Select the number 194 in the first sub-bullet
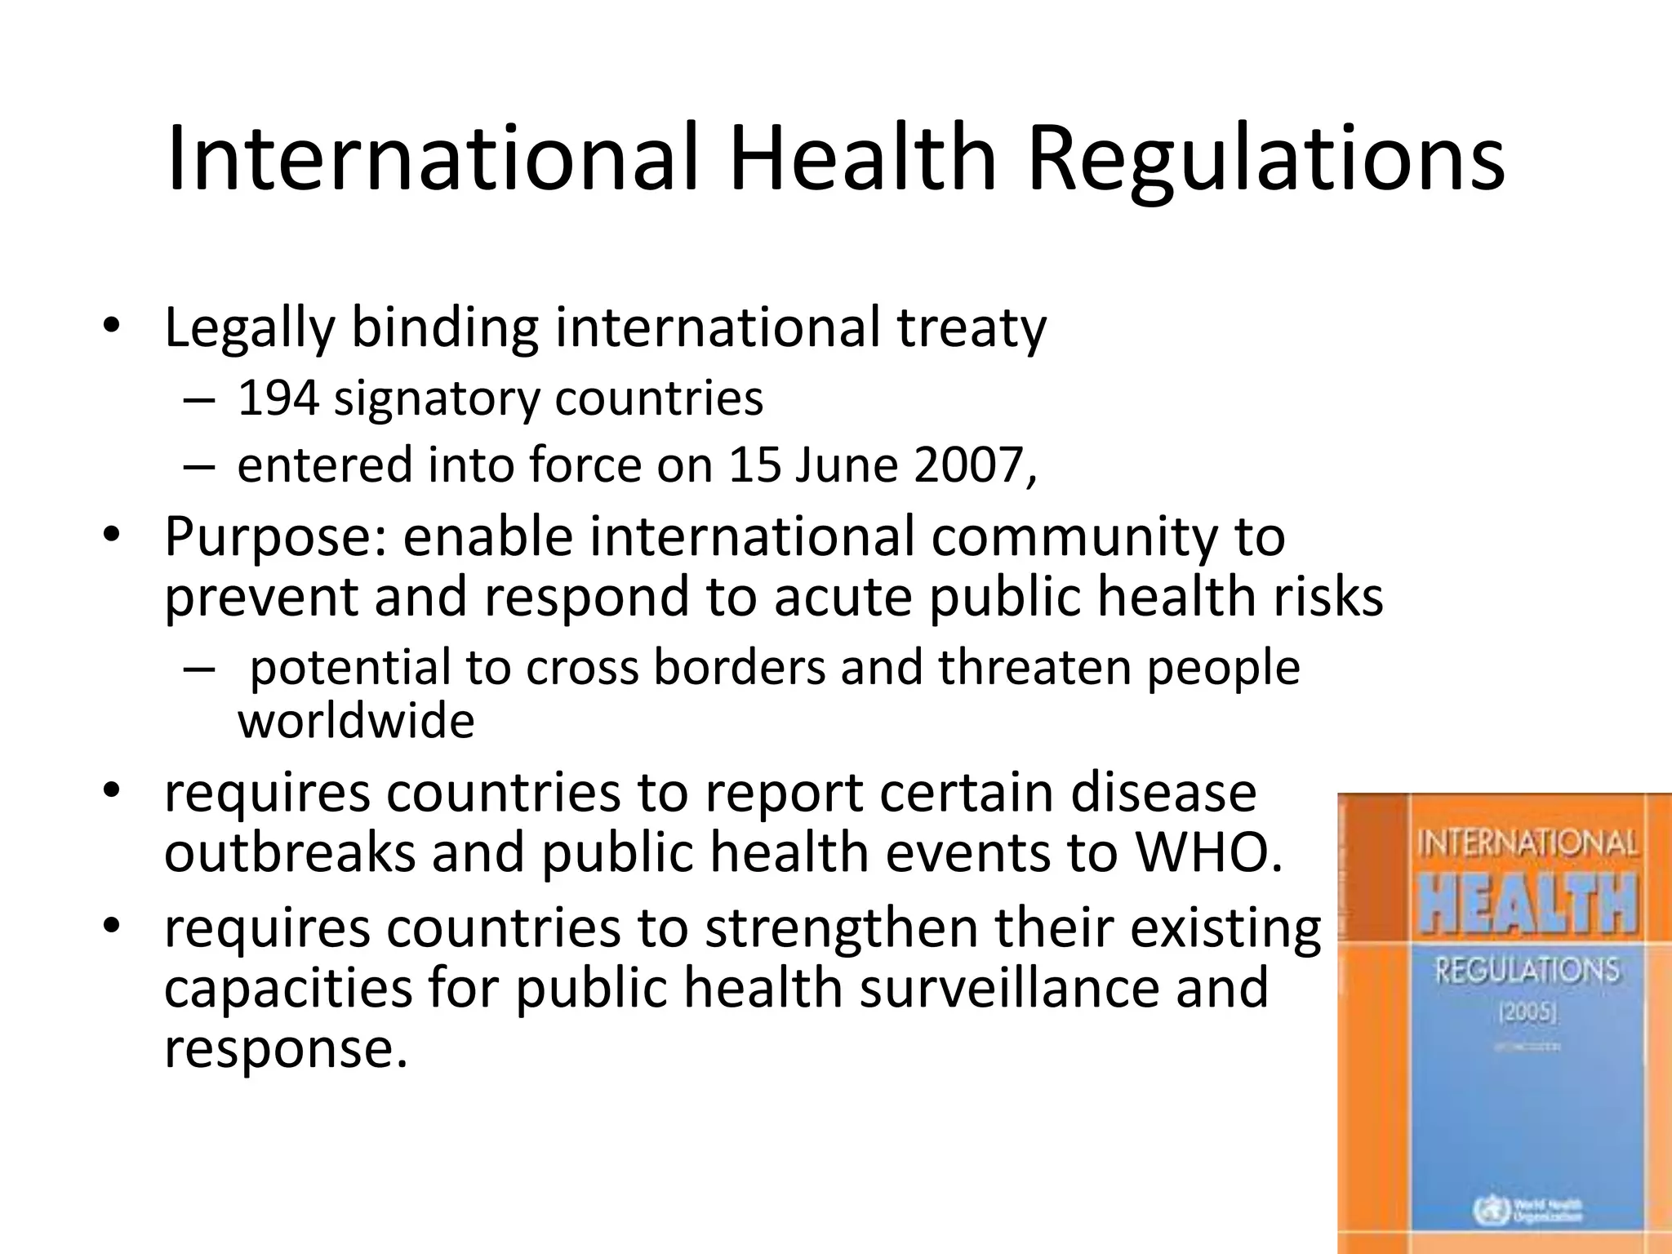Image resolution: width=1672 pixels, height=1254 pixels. pos(277,398)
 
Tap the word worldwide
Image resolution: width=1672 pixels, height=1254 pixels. pos(356,721)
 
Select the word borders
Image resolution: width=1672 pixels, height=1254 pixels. pos(740,668)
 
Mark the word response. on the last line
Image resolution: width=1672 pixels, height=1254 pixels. pos(286,1048)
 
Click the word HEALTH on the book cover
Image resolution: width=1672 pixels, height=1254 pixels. pos(1527,904)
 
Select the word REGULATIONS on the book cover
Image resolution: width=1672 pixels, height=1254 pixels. pos(1527,971)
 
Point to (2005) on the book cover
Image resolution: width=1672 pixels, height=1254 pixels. pos(1527,1013)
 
